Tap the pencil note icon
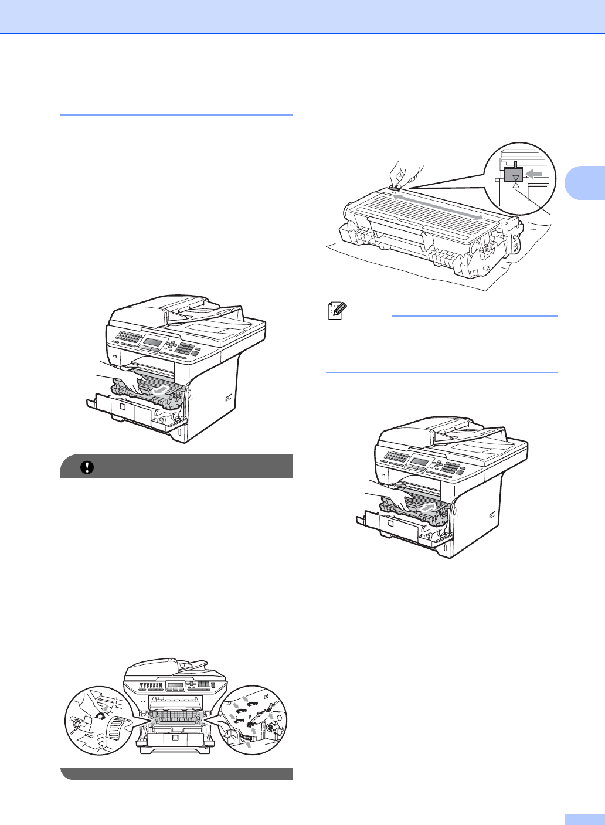[338, 311]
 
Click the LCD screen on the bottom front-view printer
[176, 685]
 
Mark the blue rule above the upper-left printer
[176, 115]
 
